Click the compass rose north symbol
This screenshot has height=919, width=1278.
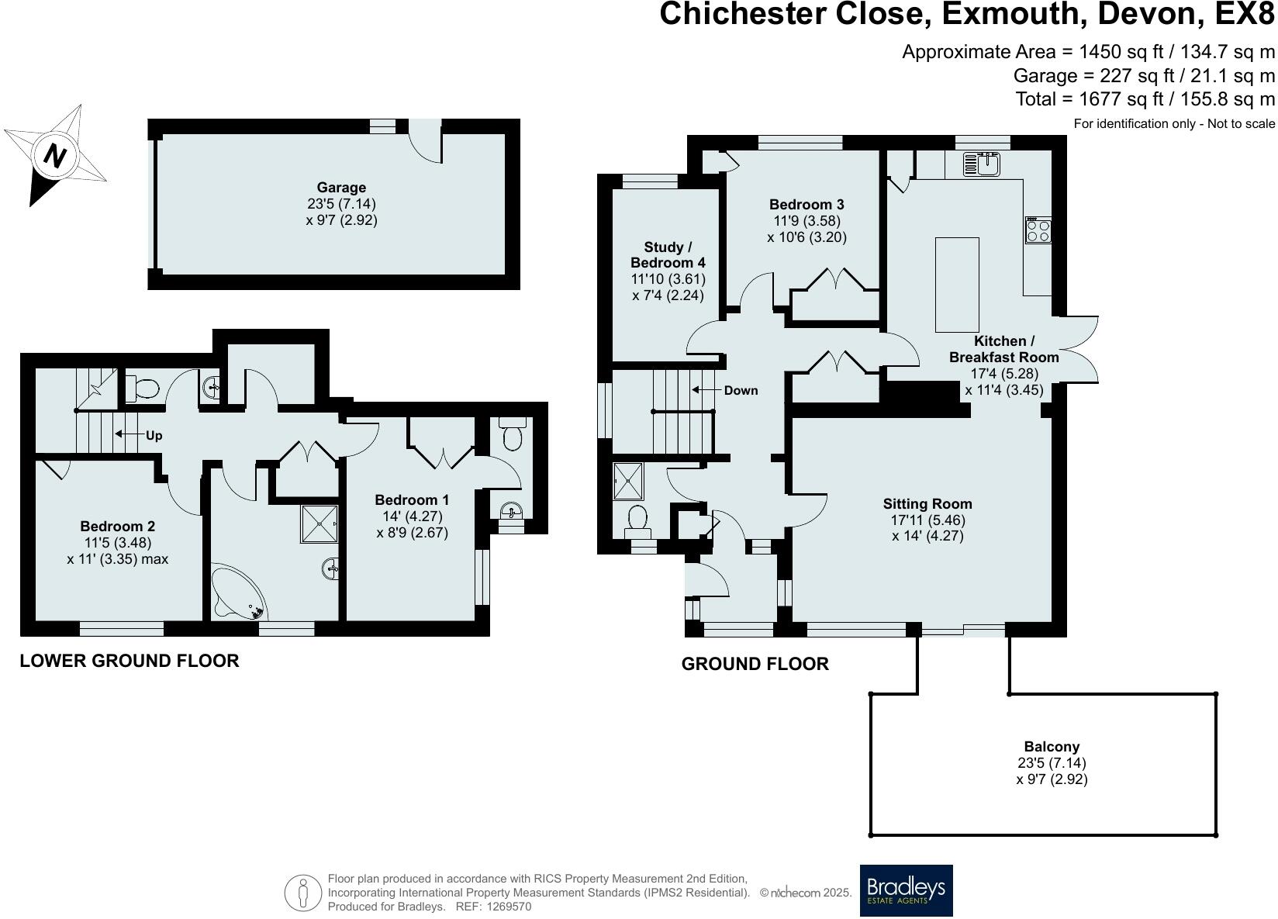[54, 156]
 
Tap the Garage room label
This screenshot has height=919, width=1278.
[341, 188]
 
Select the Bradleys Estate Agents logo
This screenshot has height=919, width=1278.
[906, 890]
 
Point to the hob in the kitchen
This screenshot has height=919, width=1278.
[1038, 230]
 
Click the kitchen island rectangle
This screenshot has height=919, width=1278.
[957, 285]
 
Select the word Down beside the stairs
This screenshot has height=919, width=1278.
[741, 390]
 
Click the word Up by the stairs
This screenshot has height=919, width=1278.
[154, 436]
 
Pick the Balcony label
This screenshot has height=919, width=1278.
[1052, 747]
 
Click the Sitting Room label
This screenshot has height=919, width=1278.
[927, 504]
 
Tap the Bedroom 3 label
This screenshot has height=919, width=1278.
[807, 205]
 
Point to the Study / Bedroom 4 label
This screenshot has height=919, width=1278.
[668, 255]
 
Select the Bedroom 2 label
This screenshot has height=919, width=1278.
[117, 527]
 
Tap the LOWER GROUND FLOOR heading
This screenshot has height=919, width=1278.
[130, 661]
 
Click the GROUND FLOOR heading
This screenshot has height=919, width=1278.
[755, 664]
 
